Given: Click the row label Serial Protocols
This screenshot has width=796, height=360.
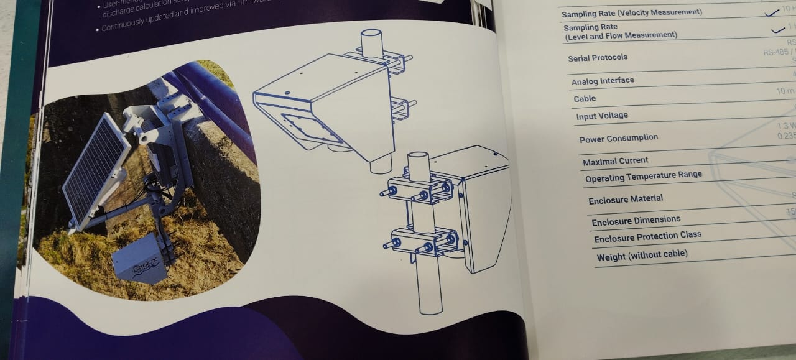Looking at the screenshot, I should pos(598,58).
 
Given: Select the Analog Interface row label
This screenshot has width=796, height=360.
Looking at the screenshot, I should pos(603,81).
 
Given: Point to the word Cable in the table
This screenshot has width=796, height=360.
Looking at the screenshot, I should pos(585,98).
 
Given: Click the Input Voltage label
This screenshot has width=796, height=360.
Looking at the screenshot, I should pos(602,116).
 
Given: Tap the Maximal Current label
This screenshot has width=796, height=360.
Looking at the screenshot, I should pos(615,161).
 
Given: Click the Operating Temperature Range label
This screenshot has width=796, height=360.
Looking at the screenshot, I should pos(643,177).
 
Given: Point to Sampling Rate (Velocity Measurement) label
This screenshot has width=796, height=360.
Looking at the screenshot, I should pos(632,13).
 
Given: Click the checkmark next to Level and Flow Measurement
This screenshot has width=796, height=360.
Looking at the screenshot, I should pos(777,29).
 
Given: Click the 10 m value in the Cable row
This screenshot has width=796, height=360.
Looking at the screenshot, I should pos(785,91).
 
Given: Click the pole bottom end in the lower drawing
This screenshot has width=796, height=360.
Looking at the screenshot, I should pos(430,310).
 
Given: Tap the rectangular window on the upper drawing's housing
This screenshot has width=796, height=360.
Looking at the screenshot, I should pos(312,128).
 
